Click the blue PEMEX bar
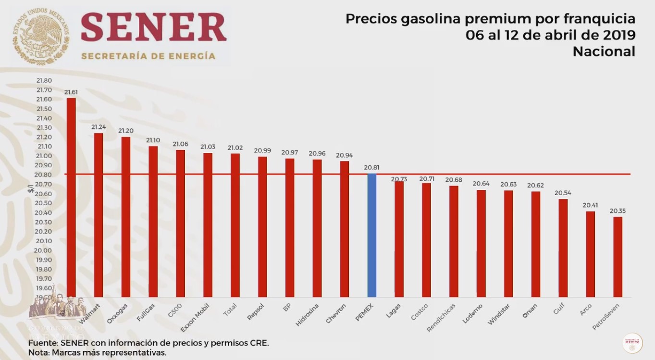tap(371, 236)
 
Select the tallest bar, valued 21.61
tap(71, 197)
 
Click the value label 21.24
tap(99, 127)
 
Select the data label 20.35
tap(618, 211)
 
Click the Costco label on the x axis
tap(419, 311)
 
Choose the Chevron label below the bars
tap(336, 313)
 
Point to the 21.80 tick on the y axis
tap(44, 80)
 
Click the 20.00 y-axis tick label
tap(44, 250)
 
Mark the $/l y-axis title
tap(30, 189)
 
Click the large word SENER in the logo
tap(154, 28)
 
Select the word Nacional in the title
tap(604, 51)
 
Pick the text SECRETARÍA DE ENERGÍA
tap(148, 56)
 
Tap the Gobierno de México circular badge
tap(632, 343)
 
